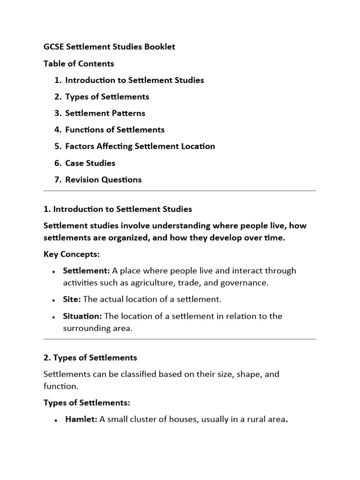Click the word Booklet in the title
pos(159,47)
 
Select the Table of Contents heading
pos(79,63)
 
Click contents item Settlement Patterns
pos(105,113)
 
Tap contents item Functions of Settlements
pos(115,129)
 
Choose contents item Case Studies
pos(90,163)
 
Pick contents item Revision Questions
pos(103,180)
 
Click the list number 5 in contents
pos(57,146)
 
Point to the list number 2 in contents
pos(57,97)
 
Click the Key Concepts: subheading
pos(72,254)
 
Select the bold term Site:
pos(72,299)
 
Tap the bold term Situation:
pos(82,316)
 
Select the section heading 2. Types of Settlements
pos(90,358)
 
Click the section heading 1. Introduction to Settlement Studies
pos(118,209)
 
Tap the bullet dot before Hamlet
pos(55,420)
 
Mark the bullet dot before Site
pos(55,300)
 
